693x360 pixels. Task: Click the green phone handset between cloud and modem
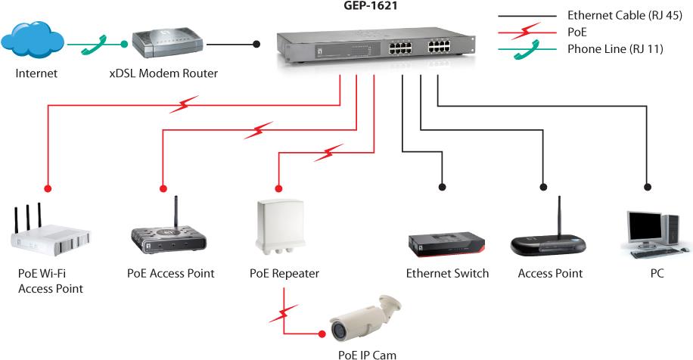(x=95, y=44)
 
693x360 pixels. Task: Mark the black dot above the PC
(x=647, y=186)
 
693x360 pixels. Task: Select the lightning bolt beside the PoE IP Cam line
(x=282, y=312)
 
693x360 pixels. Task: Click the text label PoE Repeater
(x=284, y=274)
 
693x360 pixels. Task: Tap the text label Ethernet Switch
(x=447, y=274)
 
